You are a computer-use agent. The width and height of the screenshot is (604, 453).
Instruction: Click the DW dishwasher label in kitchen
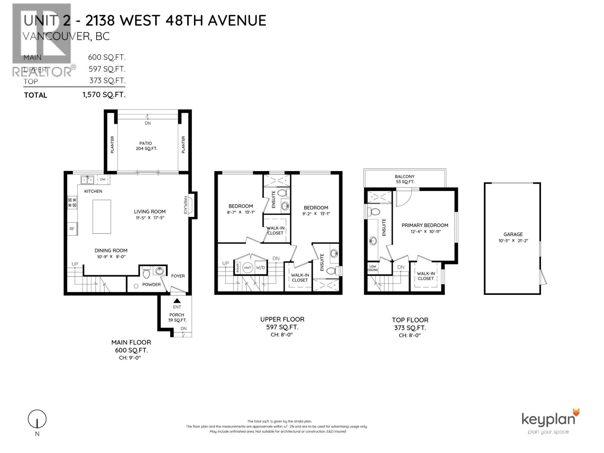click(103, 179)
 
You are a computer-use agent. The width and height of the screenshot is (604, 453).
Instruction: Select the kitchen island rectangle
click(102, 217)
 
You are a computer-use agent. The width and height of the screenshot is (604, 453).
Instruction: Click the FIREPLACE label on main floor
click(185, 205)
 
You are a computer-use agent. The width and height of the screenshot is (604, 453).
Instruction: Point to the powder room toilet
click(146, 272)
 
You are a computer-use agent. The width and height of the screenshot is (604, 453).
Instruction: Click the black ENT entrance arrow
click(177, 301)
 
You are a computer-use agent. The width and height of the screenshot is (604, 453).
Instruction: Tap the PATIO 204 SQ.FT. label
click(146, 146)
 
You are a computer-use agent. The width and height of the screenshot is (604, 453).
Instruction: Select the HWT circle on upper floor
click(248, 268)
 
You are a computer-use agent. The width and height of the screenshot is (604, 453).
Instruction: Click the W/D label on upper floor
click(260, 268)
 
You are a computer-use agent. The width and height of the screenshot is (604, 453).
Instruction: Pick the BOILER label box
click(237, 268)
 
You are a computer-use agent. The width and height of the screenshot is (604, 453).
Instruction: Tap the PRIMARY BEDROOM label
click(425, 225)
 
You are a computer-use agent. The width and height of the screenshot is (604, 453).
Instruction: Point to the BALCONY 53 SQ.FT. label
click(404, 179)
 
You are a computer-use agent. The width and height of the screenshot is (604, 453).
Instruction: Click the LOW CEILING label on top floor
click(373, 268)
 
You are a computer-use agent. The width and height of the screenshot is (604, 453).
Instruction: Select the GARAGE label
click(513, 234)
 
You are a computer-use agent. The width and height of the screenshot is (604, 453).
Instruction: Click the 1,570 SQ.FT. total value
click(104, 95)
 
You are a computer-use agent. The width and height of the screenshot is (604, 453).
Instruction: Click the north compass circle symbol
click(37, 419)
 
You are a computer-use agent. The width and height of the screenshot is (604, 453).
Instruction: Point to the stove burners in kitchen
click(72, 202)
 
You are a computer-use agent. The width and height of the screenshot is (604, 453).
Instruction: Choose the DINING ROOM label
click(111, 250)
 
